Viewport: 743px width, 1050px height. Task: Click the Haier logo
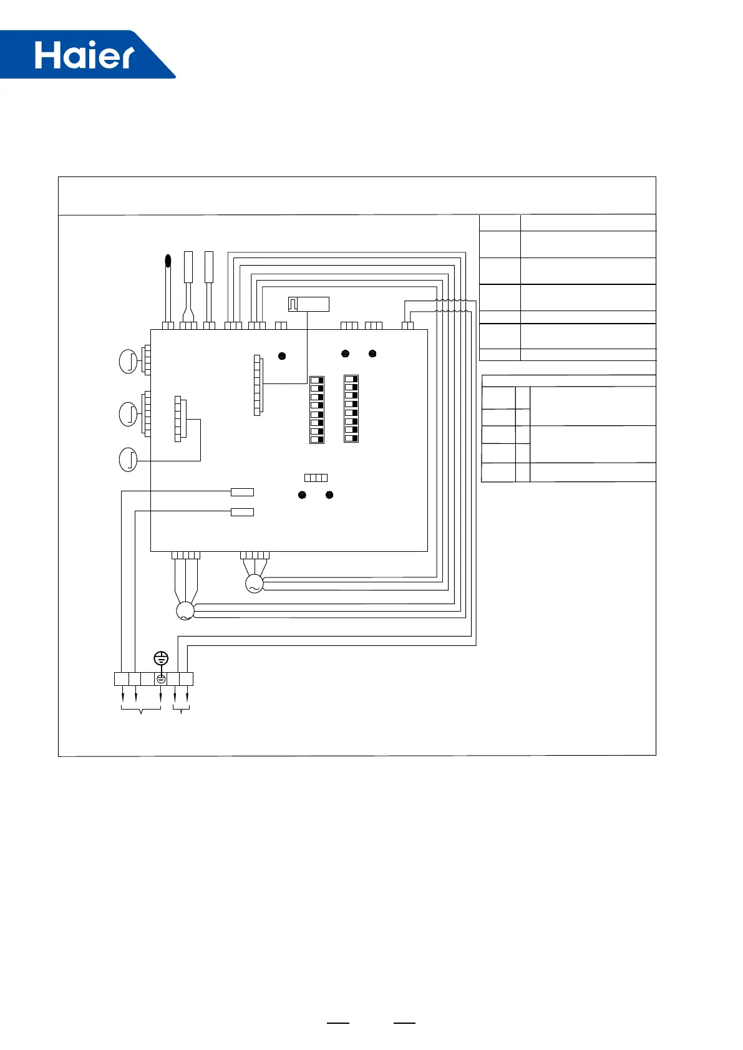(x=84, y=55)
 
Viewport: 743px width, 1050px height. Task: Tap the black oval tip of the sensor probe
(x=167, y=261)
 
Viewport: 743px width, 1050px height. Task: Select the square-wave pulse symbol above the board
(x=293, y=304)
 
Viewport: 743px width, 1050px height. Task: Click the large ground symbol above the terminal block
(x=161, y=658)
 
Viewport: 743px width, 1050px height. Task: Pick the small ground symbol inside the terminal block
(x=161, y=679)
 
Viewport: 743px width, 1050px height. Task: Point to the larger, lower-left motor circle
(x=185, y=611)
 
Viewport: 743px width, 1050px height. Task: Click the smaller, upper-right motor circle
(x=254, y=584)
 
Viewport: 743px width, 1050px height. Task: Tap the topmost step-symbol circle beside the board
(x=128, y=362)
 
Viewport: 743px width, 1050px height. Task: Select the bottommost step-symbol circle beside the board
(x=128, y=460)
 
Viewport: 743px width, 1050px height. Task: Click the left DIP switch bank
(x=317, y=409)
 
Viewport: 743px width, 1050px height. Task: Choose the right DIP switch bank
(x=351, y=408)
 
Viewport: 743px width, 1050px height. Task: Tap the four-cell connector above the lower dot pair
(x=316, y=478)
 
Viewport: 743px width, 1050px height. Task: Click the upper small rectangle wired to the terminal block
(x=242, y=492)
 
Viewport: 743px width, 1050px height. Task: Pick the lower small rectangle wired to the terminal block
(x=242, y=512)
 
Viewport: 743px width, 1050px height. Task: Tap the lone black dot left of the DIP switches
(x=282, y=356)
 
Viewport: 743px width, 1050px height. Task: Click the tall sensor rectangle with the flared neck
(x=188, y=268)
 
